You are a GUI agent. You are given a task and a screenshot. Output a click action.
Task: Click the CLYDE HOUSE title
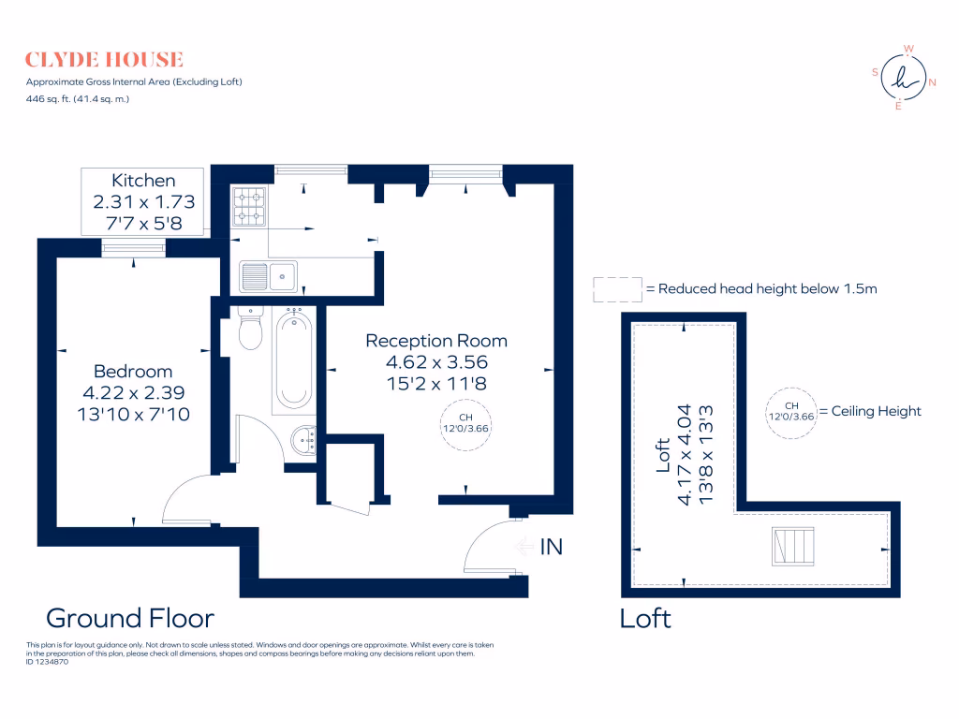tap(104, 60)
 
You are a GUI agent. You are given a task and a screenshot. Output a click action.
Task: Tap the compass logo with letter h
tap(904, 78)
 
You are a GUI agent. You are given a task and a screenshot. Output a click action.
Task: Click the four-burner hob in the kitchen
tap(249, 207)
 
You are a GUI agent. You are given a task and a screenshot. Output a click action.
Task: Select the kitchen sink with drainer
tap(269, 276)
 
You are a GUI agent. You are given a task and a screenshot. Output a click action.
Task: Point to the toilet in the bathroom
tap(250, 328)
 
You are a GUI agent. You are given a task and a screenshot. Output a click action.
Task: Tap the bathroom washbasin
tap(304, 440)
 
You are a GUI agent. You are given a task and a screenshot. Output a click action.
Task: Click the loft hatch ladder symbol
tap(793, 546)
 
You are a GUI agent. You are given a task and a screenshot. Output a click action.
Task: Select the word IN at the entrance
tap(551, 547)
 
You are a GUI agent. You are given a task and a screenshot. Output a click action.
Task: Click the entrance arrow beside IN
tap(524, 546)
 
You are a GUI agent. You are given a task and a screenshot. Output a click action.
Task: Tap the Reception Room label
tap(436, 341)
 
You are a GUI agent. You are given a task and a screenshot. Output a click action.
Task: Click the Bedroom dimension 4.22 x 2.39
tap(133, 392)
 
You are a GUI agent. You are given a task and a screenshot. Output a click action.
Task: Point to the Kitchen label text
tap(143, 181)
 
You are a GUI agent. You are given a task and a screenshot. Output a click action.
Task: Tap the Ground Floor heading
tap(130, 618)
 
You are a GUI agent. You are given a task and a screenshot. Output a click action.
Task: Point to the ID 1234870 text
tap(47, 662)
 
